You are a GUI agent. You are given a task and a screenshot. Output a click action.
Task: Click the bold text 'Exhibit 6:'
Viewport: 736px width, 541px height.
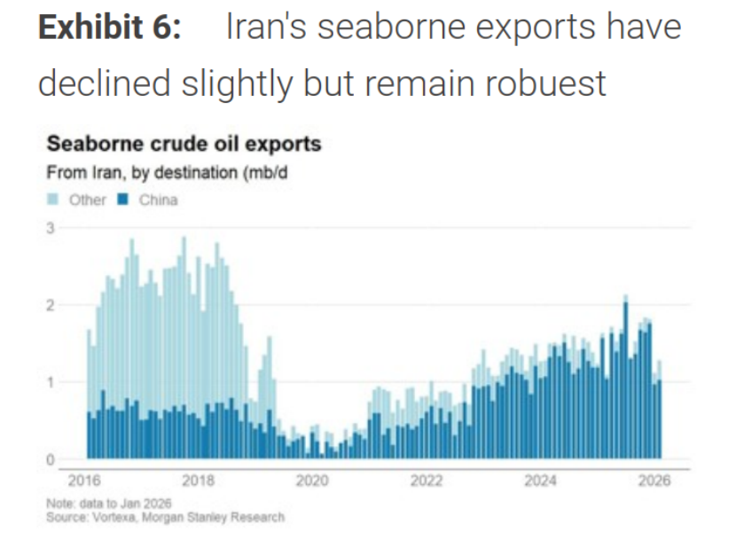[109, 27]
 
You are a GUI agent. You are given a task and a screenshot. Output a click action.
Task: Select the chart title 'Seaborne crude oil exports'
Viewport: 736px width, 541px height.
[184, 144]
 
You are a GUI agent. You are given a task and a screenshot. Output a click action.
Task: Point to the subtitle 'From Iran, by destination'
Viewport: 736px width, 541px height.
[142, 173]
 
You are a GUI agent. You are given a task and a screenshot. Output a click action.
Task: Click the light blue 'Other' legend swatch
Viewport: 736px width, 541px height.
[52, 200]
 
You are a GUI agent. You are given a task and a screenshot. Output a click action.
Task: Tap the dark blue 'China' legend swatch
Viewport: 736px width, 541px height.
[122, 200]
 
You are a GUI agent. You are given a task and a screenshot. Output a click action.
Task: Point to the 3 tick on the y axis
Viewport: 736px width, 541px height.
[51, 228]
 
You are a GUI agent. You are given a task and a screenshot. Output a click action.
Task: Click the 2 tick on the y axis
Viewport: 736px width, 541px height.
[51, 306]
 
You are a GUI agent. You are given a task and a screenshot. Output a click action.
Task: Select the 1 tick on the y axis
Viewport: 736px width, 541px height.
[51, 383]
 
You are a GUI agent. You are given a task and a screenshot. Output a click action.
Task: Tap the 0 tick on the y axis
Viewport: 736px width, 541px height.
[51, 459]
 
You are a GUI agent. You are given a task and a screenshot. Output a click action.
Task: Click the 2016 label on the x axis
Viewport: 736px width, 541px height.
[84, 481]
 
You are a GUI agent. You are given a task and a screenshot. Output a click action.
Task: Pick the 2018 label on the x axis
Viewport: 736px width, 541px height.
[198, 481]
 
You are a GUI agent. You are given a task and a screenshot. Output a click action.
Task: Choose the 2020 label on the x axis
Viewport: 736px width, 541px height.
[312, 481]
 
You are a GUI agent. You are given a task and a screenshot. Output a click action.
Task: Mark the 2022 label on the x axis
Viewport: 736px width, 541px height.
[427, 481]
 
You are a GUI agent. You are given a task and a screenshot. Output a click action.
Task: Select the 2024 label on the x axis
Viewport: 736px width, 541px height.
[540, 481]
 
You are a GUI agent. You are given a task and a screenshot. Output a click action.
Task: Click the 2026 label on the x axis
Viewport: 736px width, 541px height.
[654, 481]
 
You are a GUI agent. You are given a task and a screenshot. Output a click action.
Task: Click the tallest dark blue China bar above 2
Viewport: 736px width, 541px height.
[626, 380]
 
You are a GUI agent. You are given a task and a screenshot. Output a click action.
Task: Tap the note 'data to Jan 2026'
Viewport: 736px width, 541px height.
[126, 504]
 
